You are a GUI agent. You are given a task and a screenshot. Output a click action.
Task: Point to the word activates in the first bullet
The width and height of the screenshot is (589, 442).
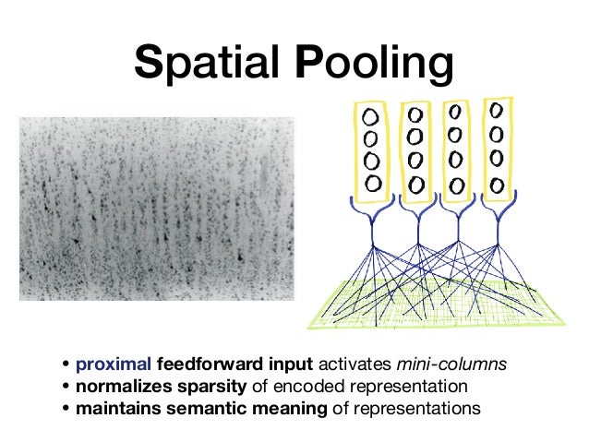[x=377, y=364]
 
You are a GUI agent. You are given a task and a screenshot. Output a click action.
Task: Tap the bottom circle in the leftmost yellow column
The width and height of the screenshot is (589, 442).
[x=371, y=183]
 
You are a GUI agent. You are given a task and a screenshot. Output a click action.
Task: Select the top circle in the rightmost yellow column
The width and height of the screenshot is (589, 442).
[x=497, y=110]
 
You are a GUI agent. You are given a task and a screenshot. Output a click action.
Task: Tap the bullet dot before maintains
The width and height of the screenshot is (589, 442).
[x=67, y=406]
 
